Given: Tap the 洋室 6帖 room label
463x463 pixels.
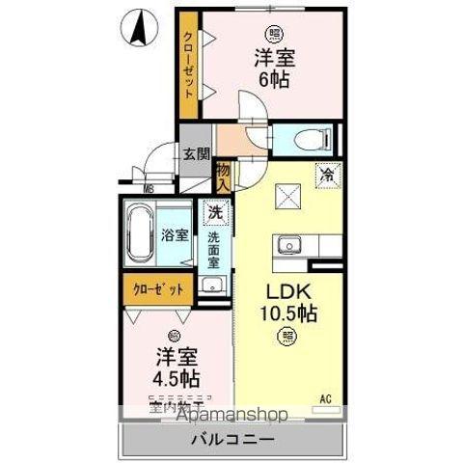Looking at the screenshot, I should click(x=274, y=67).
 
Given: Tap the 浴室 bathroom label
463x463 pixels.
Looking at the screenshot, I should click(x=174, y=234).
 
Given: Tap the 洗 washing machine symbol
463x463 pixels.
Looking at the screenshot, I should click(x=214, y=211).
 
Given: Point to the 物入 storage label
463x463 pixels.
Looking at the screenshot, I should click(x=224, y=177).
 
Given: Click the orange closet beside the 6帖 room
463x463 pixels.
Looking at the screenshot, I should click(x=191, y=63).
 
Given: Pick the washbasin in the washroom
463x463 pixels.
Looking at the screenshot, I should click(x=213, y=285).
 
